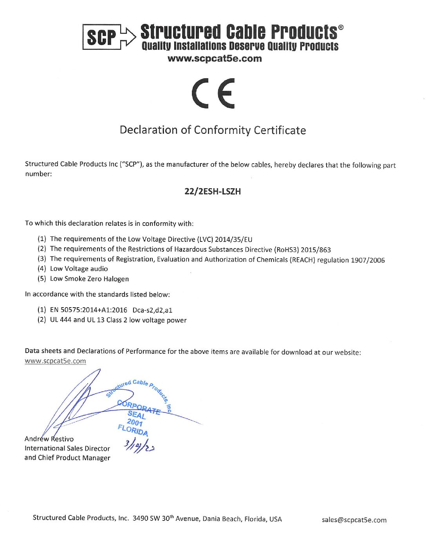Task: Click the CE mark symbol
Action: [213, 93]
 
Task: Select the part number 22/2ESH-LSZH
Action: [213, 191]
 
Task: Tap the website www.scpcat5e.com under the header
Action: [214, 59]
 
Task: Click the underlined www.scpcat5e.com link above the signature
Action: [55, 361]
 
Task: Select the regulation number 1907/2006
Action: [368, 260]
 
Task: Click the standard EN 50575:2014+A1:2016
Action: [88, 310]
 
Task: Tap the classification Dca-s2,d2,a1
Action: [152, 310]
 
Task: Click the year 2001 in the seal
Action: [135, 422]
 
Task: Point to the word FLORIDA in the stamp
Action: [133, 430]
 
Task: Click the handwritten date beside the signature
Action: [139, 446]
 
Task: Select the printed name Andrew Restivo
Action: [49, 439]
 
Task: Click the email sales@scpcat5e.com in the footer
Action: [354, 520]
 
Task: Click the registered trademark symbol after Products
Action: [341, 28]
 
